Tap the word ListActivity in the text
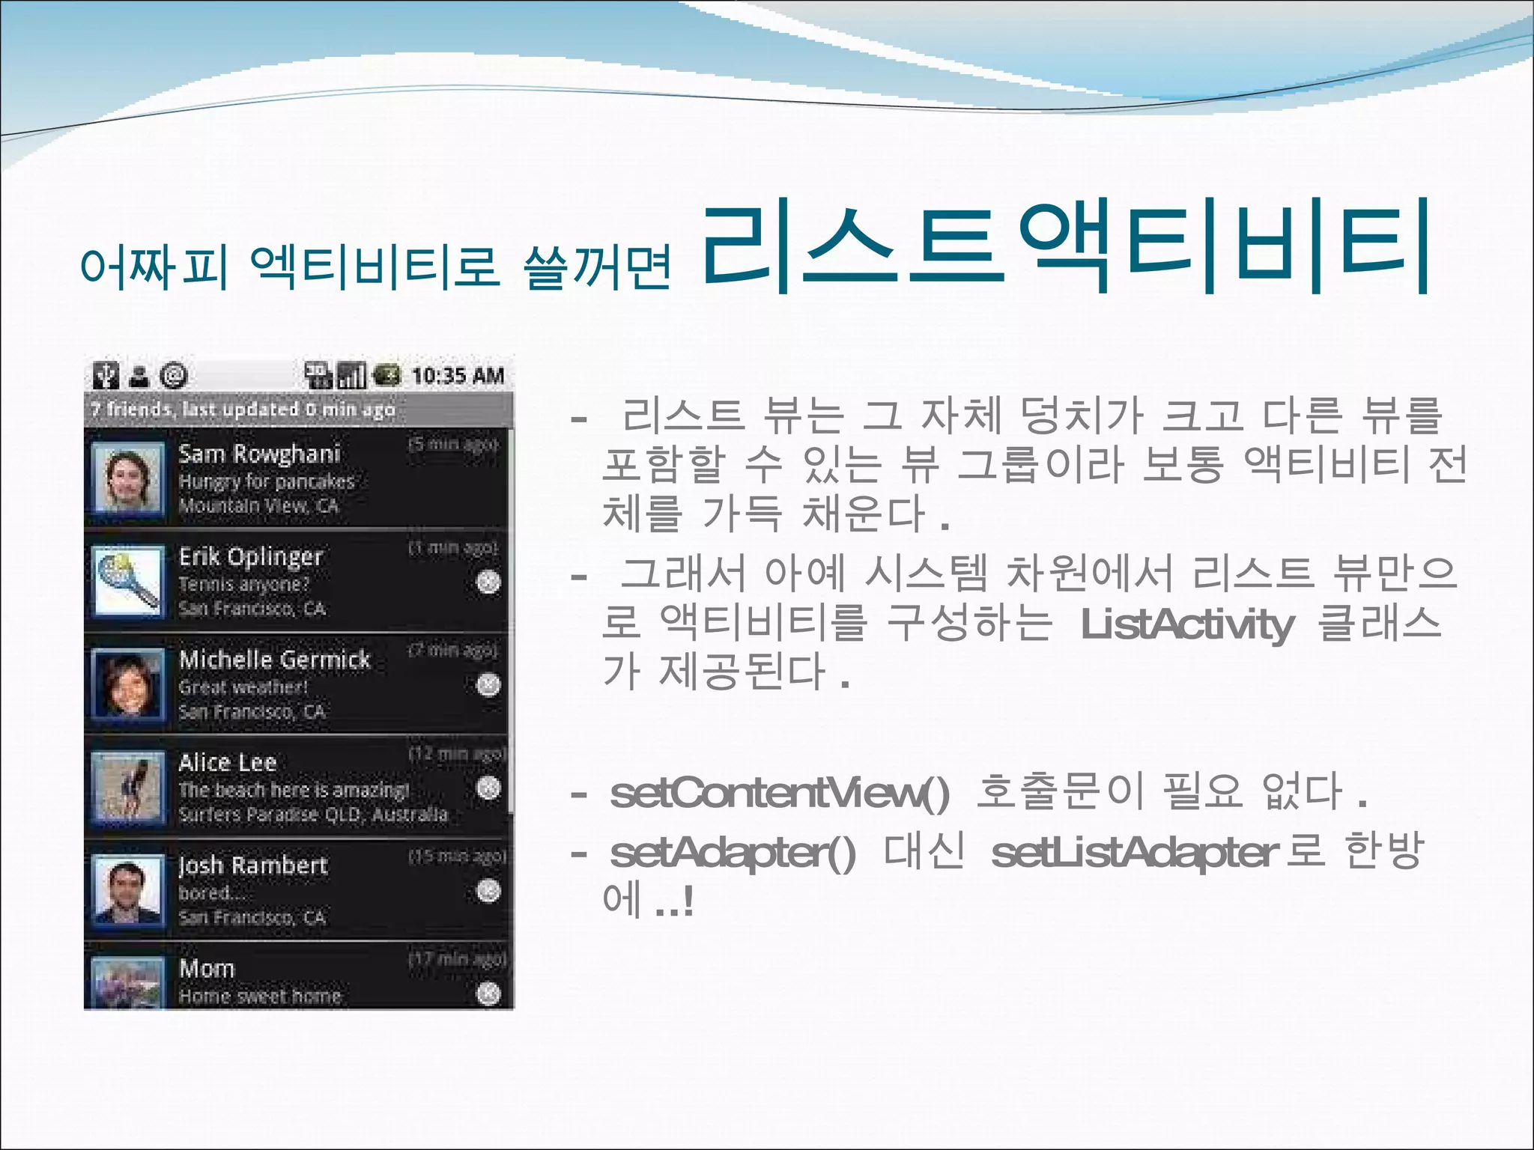(x=1187, y=624)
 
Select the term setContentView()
(x=780, y=793)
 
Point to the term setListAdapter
(x=1135, y=853)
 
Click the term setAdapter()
(x=733, y=853)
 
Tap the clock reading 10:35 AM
(x=458, y=376)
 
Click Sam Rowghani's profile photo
(x=127, y=480)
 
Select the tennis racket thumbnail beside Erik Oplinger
(x=127, y=582)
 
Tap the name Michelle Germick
(x=274, y=660)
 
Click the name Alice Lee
(x=228, y=763)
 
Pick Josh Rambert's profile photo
(x=127, y=891)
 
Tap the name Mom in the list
(x=207, y=969)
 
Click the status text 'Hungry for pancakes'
(x=266, y=481)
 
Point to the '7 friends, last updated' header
(x=243, y=410)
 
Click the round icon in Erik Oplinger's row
(x=488, y=582)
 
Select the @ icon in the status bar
(x=174, y=375)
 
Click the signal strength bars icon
(x=352, y=375)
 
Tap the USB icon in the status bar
(x=106, y=375)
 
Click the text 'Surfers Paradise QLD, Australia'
(x=313, y=815)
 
